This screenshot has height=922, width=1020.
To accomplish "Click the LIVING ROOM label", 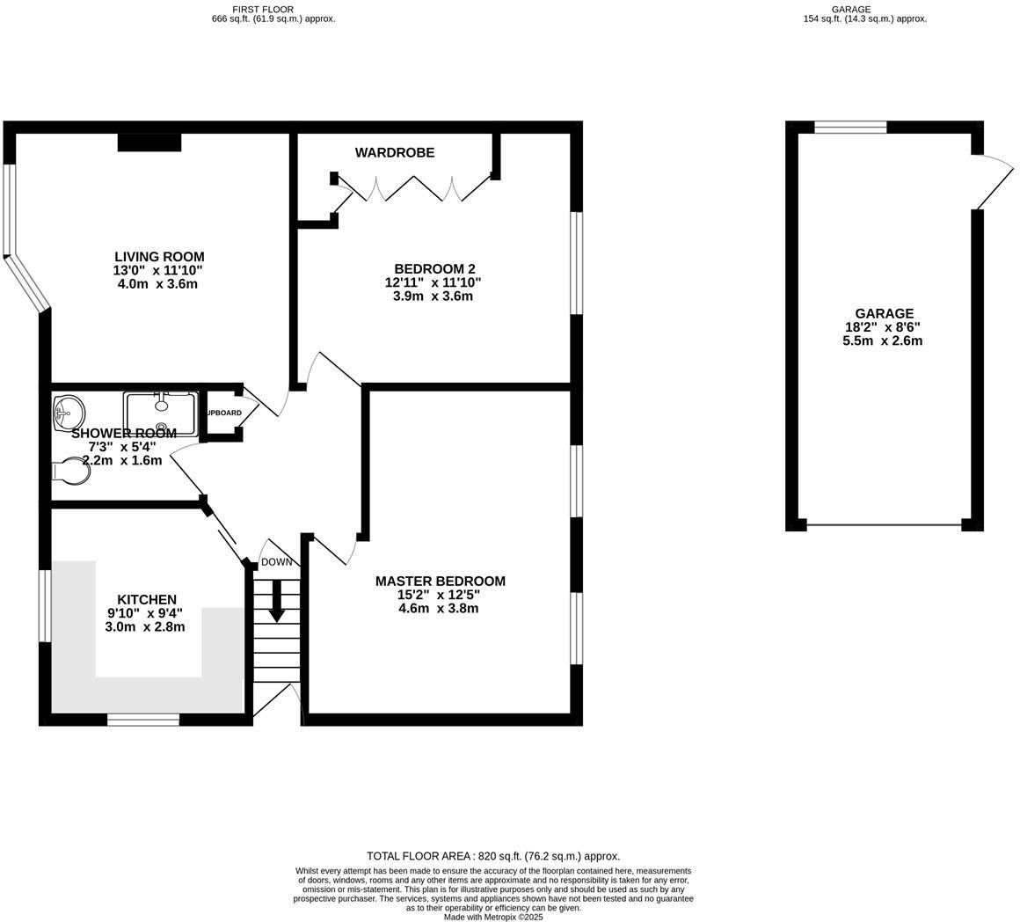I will pos(158,257).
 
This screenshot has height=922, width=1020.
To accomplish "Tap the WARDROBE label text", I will pos(395,153).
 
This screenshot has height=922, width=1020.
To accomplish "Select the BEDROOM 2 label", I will pos(434,269).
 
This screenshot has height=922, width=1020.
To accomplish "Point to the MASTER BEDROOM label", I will pos(440,582).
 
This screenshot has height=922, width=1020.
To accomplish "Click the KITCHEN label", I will pos(147,600).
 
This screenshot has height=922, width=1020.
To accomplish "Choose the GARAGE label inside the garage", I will pos(884,314).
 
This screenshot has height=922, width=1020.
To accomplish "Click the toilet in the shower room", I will pos(73,473).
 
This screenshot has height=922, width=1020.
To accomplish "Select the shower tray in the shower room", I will pos(160,413).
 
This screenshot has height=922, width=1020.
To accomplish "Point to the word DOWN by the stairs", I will pos(276,562).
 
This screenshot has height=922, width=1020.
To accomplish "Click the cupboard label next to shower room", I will pos(223,413).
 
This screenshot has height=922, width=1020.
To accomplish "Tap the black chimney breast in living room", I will pos(149,142).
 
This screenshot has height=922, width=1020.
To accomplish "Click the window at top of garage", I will pos(850,128).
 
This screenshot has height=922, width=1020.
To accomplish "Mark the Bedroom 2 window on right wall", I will pos(577,262).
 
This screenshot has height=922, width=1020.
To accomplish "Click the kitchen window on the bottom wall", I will pos(143,720).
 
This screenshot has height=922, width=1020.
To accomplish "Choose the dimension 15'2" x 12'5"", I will pos(440,595).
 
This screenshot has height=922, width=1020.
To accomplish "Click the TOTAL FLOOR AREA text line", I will pos(492,856).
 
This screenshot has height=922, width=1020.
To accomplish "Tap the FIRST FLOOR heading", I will pos(273,10).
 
